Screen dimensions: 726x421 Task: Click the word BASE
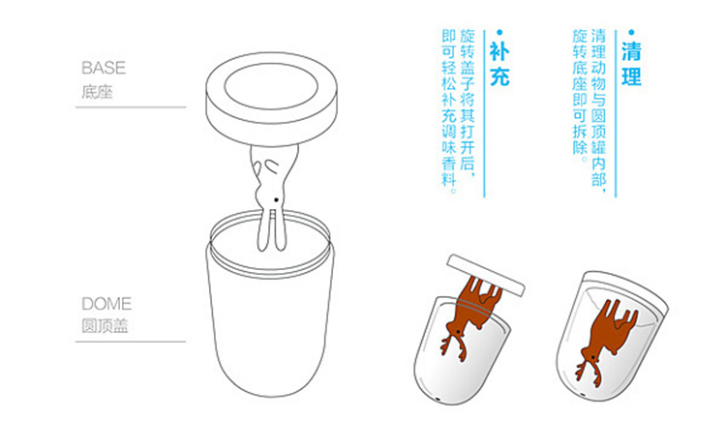[104, 68]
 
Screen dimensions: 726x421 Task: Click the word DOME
[106, 304]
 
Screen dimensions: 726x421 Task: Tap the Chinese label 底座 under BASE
[97, 92]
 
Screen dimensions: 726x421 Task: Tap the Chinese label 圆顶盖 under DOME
[105, 325]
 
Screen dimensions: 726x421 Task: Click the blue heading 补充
[499, 64]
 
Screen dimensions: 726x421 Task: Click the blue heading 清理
[631, 64]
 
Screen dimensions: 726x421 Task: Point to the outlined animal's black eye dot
[277, 200]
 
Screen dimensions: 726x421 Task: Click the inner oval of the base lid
[271, 86]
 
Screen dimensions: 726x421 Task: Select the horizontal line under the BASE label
[131, 107]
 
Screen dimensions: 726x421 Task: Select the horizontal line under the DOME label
[131, 342]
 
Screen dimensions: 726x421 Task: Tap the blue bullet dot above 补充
[499, 32]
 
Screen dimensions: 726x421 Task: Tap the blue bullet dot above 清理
[631, 32]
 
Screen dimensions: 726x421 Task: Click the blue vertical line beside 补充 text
[484, 113]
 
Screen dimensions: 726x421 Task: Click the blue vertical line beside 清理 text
[616, 113]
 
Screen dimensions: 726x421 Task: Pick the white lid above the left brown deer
[486, 275]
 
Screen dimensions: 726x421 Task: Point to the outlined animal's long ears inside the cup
[272, 230]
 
